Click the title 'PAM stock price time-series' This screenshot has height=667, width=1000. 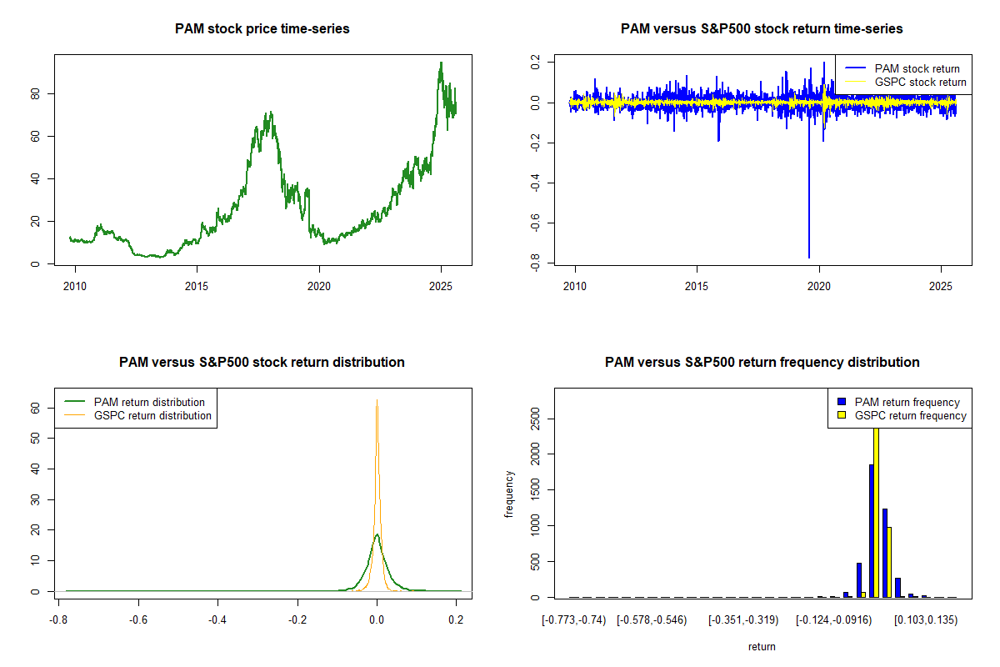[262, 29]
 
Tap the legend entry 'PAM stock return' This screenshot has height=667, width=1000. [917, 68]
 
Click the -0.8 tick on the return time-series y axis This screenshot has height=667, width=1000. [530, 263]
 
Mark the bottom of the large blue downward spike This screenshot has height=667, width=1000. [808, 257]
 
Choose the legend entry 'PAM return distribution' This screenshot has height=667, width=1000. [149, 402]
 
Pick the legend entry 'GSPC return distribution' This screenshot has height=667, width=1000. [152, 415]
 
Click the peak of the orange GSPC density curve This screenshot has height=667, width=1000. [377, 400]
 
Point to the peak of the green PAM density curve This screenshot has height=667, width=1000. [377, 534]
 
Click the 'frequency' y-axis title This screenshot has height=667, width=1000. [509, 494]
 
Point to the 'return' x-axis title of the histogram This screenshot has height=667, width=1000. [762, 646]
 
